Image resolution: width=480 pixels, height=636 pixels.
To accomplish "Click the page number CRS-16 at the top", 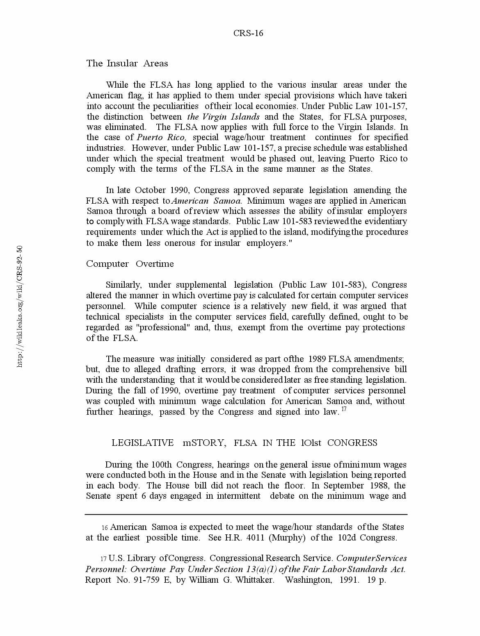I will (x=248, y=33).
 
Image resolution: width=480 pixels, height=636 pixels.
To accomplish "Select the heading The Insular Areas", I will (x=127, y=63).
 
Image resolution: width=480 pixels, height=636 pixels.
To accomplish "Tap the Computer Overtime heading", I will (x=130, y=263).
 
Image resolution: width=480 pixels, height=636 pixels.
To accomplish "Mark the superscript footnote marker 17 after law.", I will (x=344, y=409).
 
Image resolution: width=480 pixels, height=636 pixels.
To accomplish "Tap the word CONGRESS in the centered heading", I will (x=352, y=443).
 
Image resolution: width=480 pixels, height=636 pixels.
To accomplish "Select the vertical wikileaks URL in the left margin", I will (x=20, y=306).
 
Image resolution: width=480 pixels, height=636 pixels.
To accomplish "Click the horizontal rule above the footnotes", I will (x=246, y=514).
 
